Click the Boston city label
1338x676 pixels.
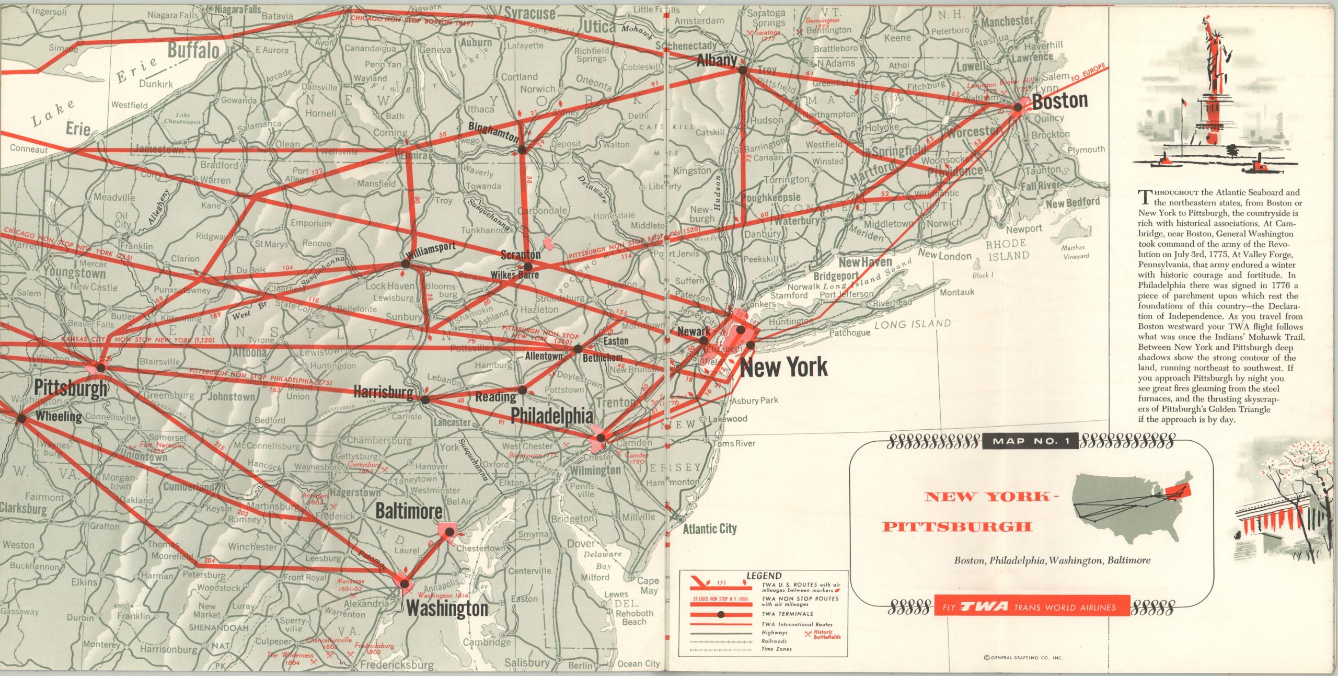click(x=1059, y=101)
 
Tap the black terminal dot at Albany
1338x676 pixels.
click(x=742, y=68)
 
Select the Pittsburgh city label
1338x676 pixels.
click(x=71, y=389)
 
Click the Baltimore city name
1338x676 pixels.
click(x=409, y=511)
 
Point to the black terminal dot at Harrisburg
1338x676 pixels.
click(x=425, y=399)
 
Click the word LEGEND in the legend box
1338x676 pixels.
click(x=764, y=576)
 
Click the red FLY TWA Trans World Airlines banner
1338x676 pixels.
click(x=1032, y=607)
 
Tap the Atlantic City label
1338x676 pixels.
click(x=710, y=529)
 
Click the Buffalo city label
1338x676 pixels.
click(x=193, y=51)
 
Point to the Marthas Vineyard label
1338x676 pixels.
click(x=1076, y=251)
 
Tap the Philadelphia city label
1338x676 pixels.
click(x=552, y=416)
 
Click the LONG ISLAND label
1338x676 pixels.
click(x=913, y=324)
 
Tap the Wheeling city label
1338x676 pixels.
click(x=59, y=417)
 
